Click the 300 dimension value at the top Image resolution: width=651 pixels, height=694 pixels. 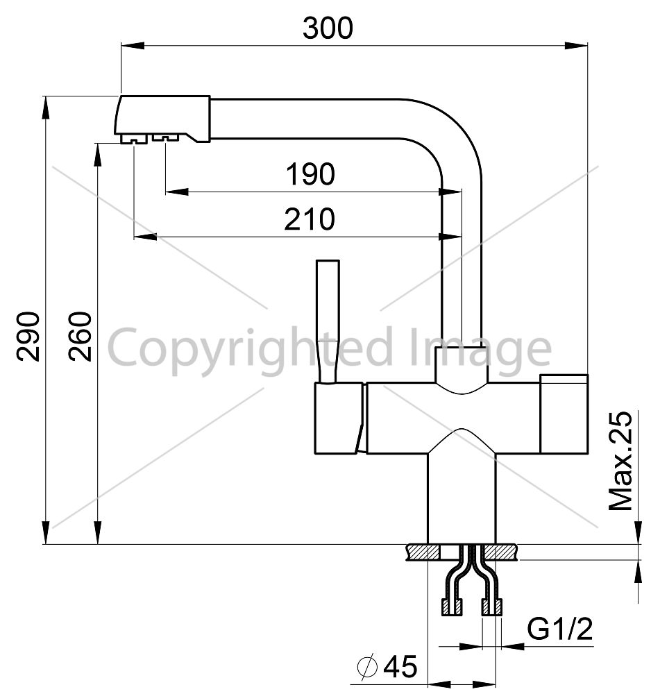[x=328, y=28]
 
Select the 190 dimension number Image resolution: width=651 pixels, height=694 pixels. [x=310, y=174]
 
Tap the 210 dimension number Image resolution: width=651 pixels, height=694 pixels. [x=310, y=219]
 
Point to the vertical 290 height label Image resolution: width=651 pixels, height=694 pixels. [x=28, y=337]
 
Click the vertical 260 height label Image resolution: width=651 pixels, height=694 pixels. [x=80, y=337]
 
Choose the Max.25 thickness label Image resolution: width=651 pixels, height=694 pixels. [x=620, y=461]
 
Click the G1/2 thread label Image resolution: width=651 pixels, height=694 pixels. [x=560, y=629]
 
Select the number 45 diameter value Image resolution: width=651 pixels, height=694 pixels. [x=400, y=666]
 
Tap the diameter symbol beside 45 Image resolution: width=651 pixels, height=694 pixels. [x=368, y=666]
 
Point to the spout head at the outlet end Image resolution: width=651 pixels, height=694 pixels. [x=162, y=119]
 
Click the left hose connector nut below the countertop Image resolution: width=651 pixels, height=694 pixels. [x=453, y=607]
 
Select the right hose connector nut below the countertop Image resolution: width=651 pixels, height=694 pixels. [x=491, y=607]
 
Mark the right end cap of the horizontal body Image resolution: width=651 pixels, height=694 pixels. [x=564, y=414]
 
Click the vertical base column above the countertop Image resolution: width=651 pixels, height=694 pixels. [x=461, y=498]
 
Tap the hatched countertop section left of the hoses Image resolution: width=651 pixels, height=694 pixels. [x=423, y=552]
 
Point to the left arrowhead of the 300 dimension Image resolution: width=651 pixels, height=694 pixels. [x=133, y=45]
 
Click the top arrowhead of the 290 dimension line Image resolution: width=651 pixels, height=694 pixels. [x=45, y=107]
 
